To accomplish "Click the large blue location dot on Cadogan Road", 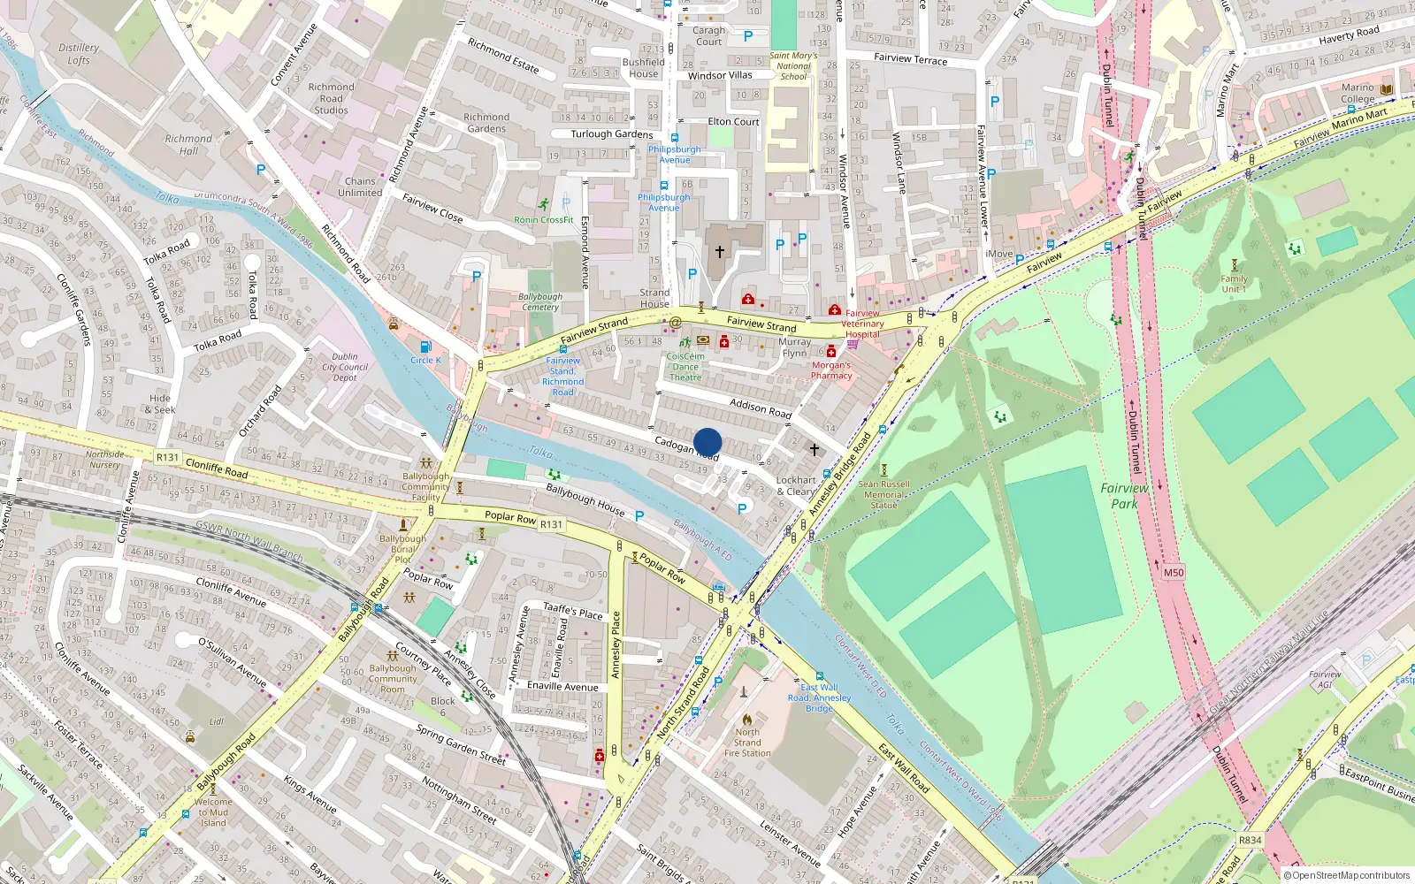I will pyautogui.click(x=707, y=442).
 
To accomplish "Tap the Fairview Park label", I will pyautogui.click(x=1124, y=496).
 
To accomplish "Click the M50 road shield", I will pyautogui.click(x=1173, y=573).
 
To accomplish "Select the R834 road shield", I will pyautogui.click(x=1250, y=840).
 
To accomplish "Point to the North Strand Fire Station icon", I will pyautogui.click(x=747, y=719).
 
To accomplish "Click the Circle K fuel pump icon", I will pyautogui.click(x=425, y=347).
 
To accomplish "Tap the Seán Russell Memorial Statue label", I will pyautogui.click(x=883, y=494).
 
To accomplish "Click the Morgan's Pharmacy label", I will pyautogui.click(x=831, y=370).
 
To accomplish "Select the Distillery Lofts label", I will pyautogui.click(x=79, y=54).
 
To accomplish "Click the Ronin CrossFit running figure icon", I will pyautogui.click(x=543, y=205).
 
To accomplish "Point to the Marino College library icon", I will pyautogui.click(x=1387, y=89).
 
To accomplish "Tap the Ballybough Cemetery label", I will pyautogui.click(x=539, y=302).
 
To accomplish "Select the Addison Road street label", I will pyautogui.click(x=760, y=407).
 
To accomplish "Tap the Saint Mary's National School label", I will pyautogui.click(x=793, y=66).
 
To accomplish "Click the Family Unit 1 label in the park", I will pyautogui.click(x=1234, y=284).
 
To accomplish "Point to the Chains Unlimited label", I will pyautogui.click(x=360, y=187).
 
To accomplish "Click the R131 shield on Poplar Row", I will pyautogui.click(x=551, y=524).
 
